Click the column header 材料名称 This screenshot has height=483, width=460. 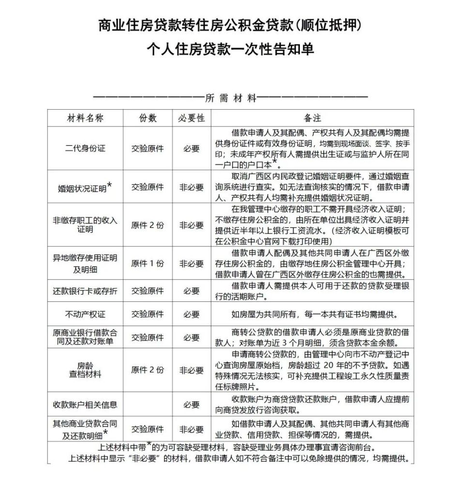tap(85, 118)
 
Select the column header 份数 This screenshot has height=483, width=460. tap(148, 118)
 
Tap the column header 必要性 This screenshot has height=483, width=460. tap(192, 118)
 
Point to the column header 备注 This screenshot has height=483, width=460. tap(312, 118)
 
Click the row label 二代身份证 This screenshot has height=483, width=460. tap(85, 148)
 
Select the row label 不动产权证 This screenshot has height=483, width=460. tap(85, 314)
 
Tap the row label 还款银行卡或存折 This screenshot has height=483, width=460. tap(85, 291)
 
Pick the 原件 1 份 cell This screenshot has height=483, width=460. tap(148, 264)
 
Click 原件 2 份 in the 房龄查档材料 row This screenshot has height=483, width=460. tap(148, 370)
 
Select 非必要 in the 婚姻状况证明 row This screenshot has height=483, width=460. tap(192, 187)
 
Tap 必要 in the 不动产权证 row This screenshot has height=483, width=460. tap(192, 314)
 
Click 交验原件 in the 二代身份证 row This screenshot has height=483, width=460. tap(148, 148)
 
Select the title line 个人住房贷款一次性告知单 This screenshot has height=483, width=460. tap(230, 49)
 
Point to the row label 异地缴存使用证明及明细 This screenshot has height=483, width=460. tap(85, 264)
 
